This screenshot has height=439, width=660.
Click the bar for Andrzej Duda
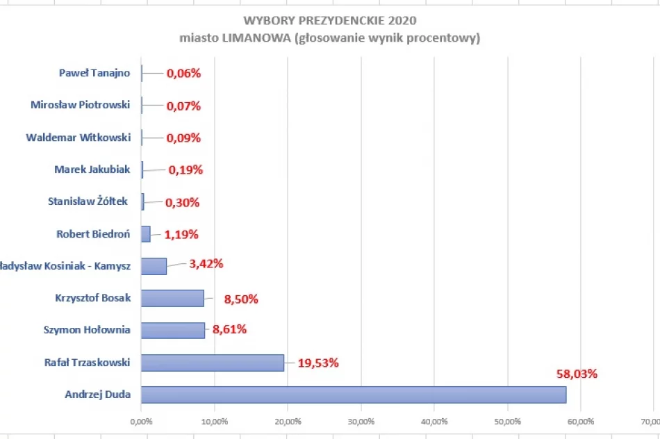pos(353,395)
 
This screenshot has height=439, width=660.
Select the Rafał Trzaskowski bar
pos(213,363)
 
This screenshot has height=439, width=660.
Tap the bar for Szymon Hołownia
pos(173,330)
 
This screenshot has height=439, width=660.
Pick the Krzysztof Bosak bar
pos(172,298)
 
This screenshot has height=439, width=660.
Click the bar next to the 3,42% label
pos(154,266)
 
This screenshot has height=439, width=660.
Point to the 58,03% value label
pos(577,374)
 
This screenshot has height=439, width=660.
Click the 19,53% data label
pos(318,363)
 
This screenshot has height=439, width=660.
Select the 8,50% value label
pos(241,299)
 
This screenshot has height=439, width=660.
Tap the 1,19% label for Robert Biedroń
pos(183,234)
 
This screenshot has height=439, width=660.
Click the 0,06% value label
pos(183,73)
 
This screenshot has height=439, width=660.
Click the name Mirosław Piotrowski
pos(81,106)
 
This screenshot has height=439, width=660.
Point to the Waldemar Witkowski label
pos(79,138)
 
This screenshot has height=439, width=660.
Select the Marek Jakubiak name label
pos(92,169)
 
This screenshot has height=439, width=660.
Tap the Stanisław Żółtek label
pos(88,201)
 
